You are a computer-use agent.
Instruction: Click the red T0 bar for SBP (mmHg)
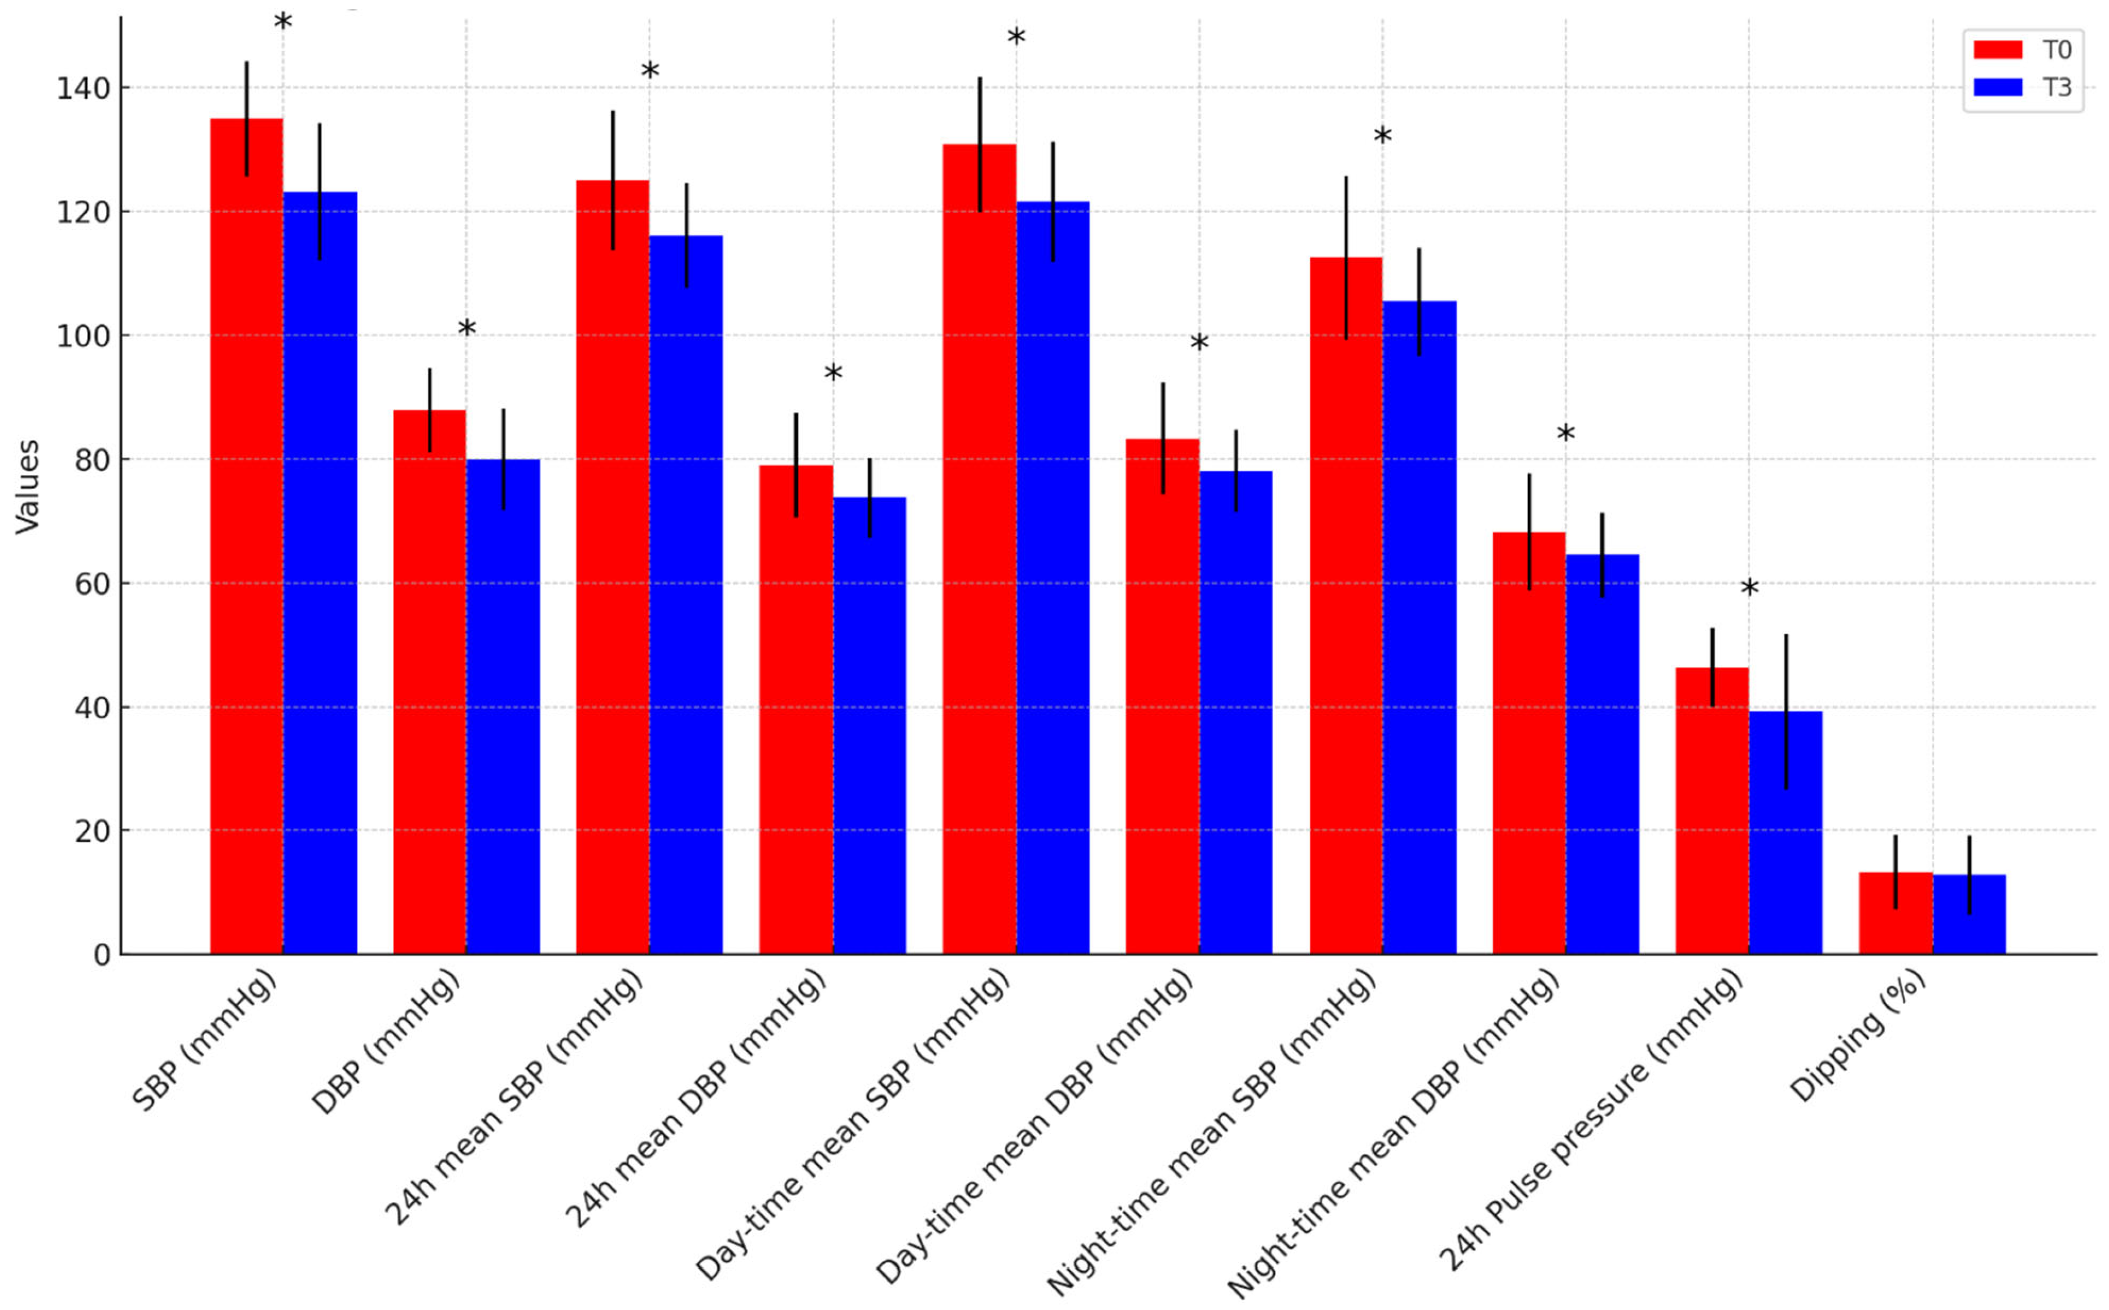(246, 537)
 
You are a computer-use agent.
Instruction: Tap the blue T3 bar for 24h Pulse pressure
(1786, 832)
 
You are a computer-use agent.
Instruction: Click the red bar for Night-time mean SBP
(1346, 606)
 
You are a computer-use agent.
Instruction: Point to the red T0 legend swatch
(1997, 49)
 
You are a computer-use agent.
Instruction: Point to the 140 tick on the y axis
(82, 89)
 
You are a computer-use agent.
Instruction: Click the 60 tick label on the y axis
(91, 584)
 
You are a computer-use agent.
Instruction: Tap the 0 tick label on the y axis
(102, 955)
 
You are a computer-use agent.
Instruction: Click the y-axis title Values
(28, 486)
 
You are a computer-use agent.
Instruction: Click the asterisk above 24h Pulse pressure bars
(1749, 587)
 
